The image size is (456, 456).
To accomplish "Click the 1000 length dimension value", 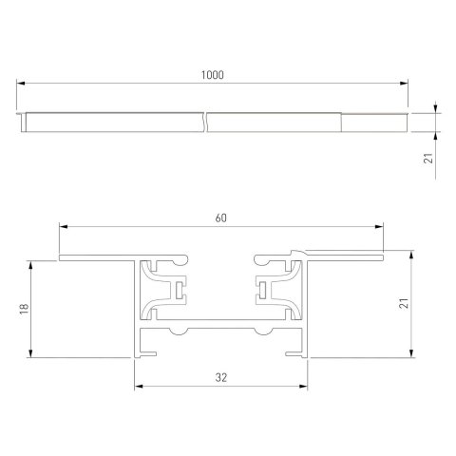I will click(x=213, y=75).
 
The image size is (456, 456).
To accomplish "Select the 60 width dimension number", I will click(x=220, y=218).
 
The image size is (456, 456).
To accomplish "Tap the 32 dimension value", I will click(x=220, y=377).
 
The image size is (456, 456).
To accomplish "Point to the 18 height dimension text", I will click(x=24, y=308).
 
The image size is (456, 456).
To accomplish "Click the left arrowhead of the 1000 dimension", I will click(x=22, y=85).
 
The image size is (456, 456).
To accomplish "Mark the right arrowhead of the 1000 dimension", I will click(x=405, y=85).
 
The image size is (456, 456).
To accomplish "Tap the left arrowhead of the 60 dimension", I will click(x=63, y=227).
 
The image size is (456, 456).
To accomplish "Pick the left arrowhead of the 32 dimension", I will click(x=136, y=386).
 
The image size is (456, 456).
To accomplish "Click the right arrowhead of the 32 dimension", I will click(x=306, y=386).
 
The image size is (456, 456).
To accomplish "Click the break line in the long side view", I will click(x=206, y=122).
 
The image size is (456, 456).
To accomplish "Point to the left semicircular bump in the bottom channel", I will click(x=178, y=333).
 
